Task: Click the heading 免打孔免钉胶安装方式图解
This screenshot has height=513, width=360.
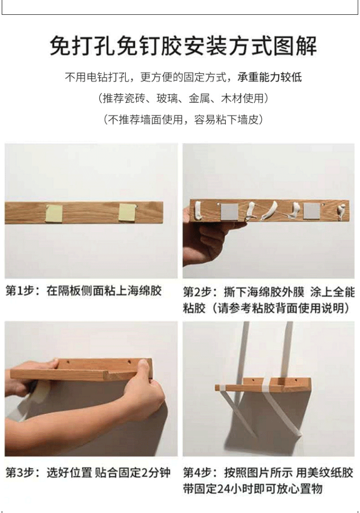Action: pyautogui.click(x=184, y=46)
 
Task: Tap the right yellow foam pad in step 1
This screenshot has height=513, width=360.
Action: pyautogui.click(x=126, y=212)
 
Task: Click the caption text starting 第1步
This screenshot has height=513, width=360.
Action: pyautogui.click(x=84, y=291)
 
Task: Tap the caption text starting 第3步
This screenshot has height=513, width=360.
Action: pyautogui.click(x=88, y=473)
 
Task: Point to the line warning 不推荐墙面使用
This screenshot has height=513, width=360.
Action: pyautogui.click(x=184, y=120)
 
